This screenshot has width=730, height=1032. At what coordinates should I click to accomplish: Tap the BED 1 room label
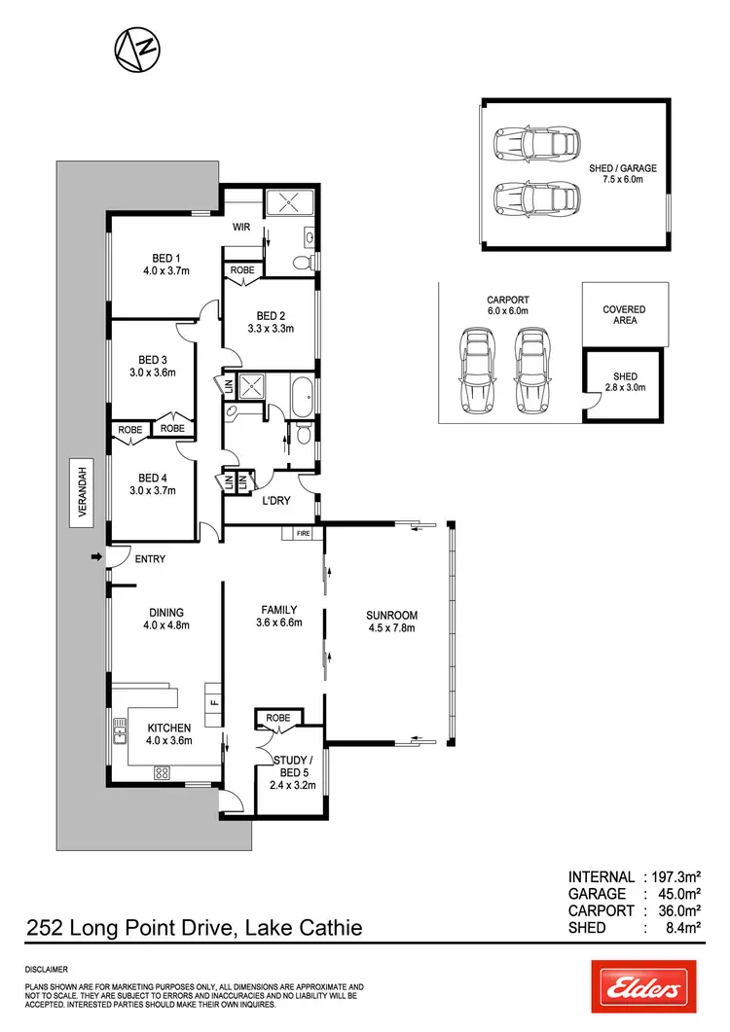pos(151,258)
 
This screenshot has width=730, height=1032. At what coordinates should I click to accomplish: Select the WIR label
pos(242,227)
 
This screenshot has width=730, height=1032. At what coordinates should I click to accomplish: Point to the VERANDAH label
pos(83,492)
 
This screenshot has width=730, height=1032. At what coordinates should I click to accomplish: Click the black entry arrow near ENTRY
pos(94,557)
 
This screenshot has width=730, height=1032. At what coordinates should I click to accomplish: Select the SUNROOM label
pos(391,615)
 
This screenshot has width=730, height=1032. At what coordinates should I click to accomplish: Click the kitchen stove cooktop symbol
pos(162,773)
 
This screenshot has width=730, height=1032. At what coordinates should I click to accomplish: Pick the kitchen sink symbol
pos(120,730)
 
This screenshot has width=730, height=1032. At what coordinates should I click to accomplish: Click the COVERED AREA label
pos(625,315)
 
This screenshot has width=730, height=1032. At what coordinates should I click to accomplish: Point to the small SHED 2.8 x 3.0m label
pos(624,381)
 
